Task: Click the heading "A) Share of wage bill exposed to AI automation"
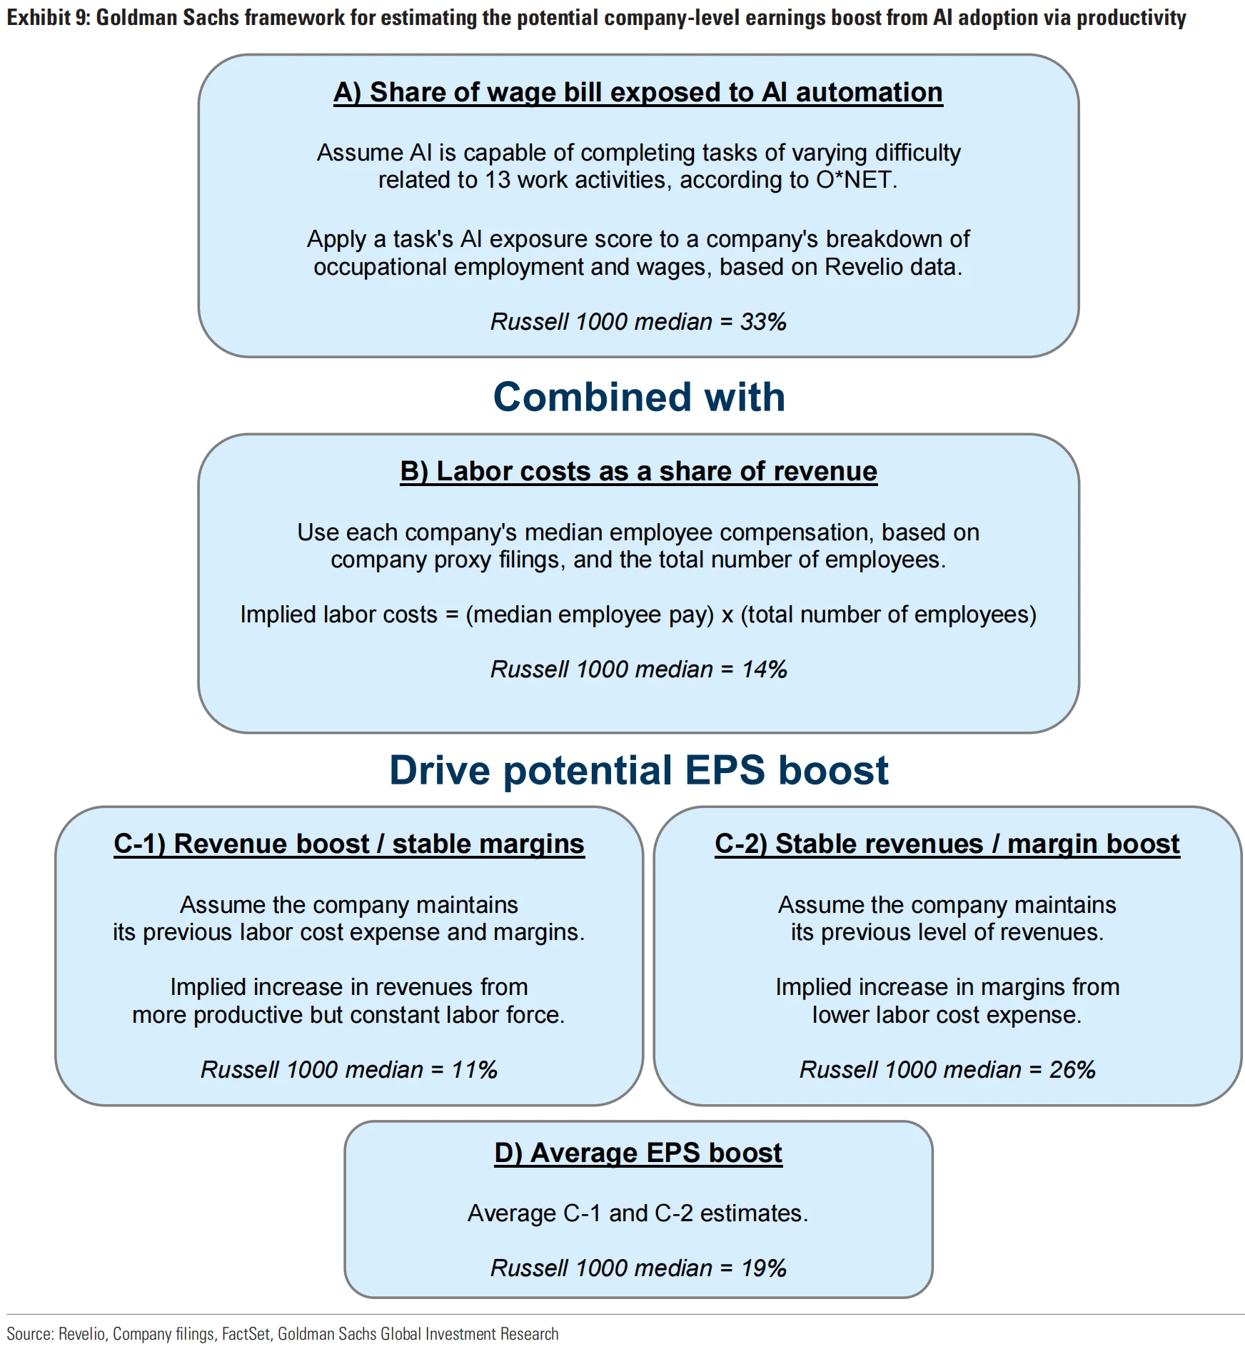click(637, 93)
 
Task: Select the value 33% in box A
click(763, 322)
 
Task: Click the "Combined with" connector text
click(639, 397)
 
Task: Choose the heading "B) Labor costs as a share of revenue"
click(638, 472)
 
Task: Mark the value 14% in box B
click(764, 670)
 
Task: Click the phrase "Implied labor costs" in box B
click(338, 615)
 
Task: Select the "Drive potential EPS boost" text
click(638, 771)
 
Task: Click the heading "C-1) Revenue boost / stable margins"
click(348, 844)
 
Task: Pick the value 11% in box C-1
click(474, 1070)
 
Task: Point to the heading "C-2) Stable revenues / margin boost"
click(947, 844)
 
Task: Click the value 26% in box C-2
click(1072, 1070)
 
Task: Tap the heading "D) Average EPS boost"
click(638, 1153)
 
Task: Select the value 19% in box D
click(763, 1268)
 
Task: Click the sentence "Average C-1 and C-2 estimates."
click(637, 1213)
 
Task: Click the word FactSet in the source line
click(246, 1334)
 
